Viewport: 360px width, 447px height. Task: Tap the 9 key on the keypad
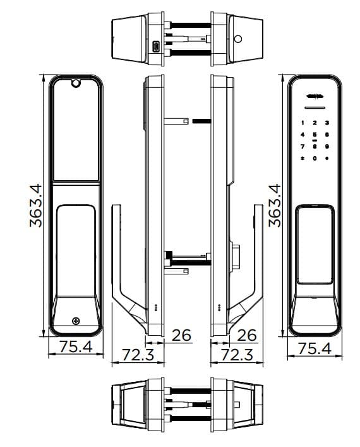(x=327, y=145)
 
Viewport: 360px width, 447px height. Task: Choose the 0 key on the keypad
(x=315, y=157)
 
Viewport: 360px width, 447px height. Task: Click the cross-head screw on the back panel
(x=76, y=321)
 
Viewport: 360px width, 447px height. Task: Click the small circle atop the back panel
(x=75, y=82)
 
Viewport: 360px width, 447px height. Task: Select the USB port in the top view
(x=156, y=46)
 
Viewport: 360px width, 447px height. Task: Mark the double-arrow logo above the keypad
(x=315, y=97)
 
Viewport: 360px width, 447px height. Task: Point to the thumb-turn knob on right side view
(x=236, y=257)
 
